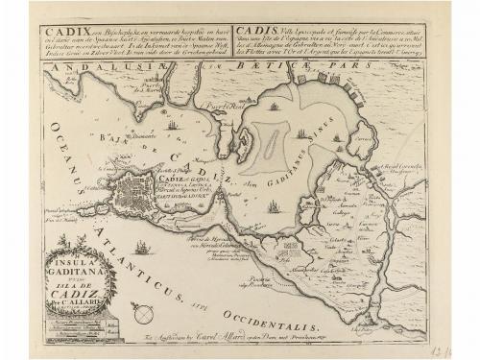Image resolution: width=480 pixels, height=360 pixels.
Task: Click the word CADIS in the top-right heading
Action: (264, 32)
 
